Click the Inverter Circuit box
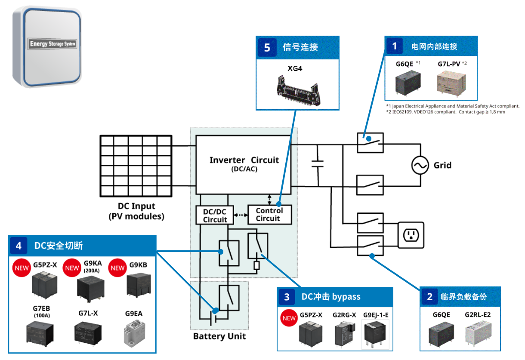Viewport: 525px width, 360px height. point(244,165)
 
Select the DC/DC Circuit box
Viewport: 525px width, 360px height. point(215,215)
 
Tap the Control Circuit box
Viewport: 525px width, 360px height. point(269,214)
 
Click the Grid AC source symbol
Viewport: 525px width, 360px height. point(420,165)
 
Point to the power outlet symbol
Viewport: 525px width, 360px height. point(411,235)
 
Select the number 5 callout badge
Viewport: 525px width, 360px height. point(267,47)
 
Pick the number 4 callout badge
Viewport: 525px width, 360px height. point(19,246)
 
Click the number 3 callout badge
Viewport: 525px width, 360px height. point(287,297)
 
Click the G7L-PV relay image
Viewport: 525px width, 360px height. point(451,82)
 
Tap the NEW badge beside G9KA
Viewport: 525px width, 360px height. point(72,268)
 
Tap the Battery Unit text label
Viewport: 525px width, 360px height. point(219,336)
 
